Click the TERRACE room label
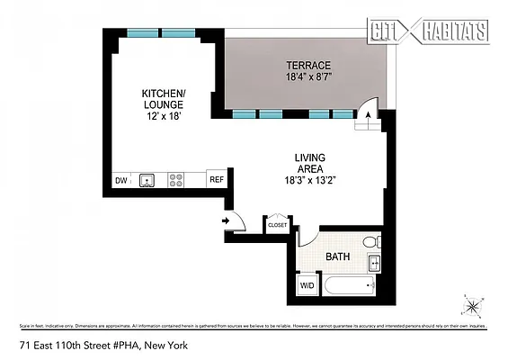tap(308, 66)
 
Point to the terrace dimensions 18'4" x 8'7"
tap(308, 77)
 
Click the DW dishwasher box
tap(121, 180)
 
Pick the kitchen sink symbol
tap(147, 180)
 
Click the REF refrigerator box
tap(216, 180)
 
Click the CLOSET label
tap(278, 225)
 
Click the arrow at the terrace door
tap(366, 114)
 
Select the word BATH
tap(337, 257)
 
